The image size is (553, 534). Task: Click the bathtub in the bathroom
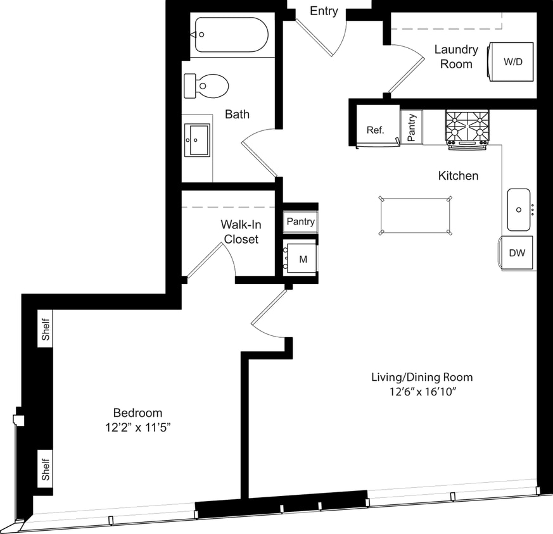click(231, 34)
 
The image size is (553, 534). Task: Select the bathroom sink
click(197, 139)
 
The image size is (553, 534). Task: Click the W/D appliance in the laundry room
click(510, 62)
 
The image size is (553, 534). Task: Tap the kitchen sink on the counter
click(519, 209)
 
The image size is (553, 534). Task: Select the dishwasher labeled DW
click(517, 253)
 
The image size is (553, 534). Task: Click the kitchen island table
click(415, 216)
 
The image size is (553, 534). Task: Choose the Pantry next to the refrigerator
click(412, 127)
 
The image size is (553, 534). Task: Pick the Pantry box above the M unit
click(300, 222)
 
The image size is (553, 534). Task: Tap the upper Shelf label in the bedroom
click(46, 329)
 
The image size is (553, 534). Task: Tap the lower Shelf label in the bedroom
click(46, 468)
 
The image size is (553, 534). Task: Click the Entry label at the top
click(324, 11)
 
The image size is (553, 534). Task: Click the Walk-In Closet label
click(241, 232)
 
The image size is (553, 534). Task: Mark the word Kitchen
click(458, 175)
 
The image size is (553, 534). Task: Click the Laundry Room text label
click(456, 56)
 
